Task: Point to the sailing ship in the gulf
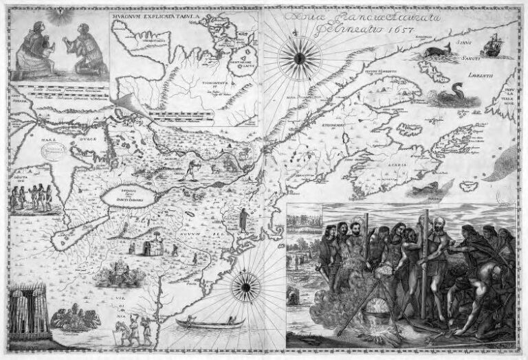[x=492, y=45]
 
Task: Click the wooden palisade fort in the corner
[x=30, y=313]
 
